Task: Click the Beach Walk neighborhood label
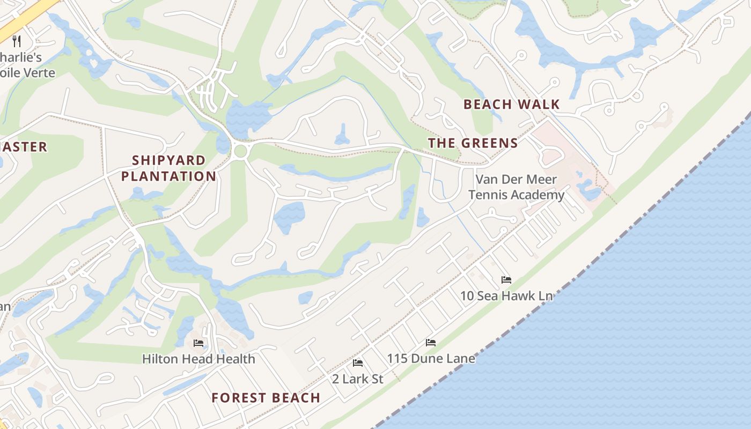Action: (511, 104)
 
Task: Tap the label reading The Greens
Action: (473, 143)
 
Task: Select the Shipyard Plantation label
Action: (168, 168)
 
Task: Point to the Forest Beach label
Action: (266, 398)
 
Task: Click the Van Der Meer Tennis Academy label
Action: (516, 187)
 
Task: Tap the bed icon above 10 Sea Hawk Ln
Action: (506, 280)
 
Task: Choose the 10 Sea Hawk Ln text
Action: (506, 295)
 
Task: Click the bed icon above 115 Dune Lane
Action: (430, 343)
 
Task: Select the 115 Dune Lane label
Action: (431, 358)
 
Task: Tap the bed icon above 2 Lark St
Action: (358, 363)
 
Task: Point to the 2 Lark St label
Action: (357, 379)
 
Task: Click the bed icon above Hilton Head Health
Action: (198, 343)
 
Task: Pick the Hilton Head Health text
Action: (198, 358)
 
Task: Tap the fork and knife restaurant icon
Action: (17, 41)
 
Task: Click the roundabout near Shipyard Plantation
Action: (240, 151)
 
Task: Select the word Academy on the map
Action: (539, 195)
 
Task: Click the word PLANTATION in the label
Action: (168, 176)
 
